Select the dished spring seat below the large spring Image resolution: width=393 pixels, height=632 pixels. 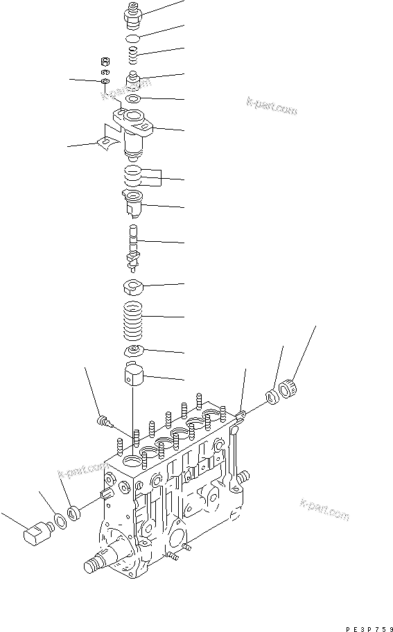(135, 351)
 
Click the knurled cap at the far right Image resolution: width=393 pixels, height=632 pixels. (290, 385)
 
